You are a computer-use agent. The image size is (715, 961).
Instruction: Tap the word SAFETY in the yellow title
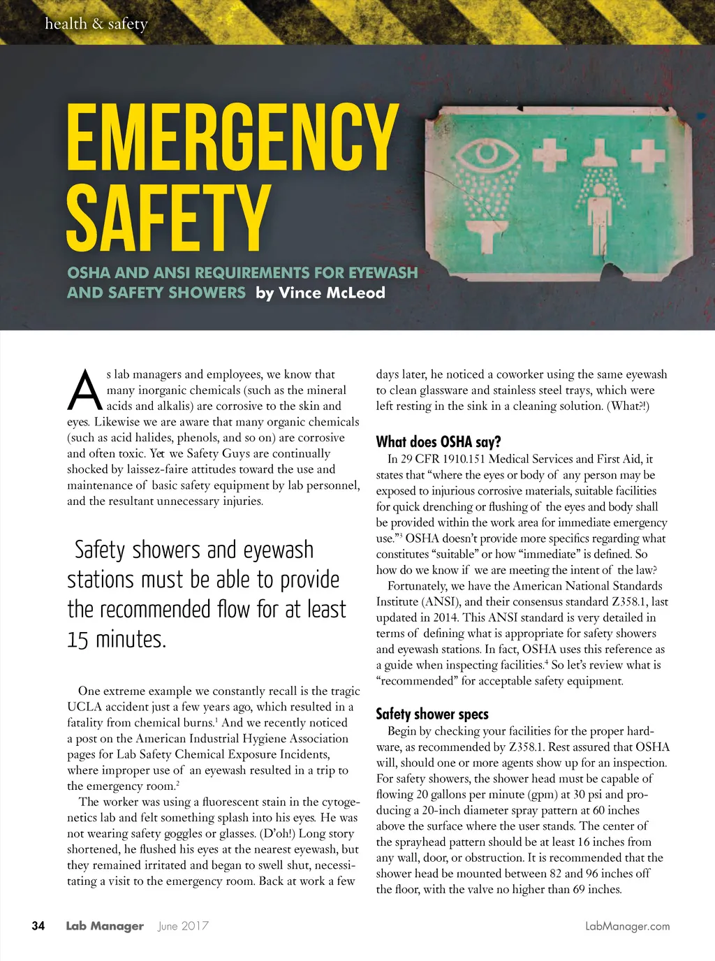(168, 218)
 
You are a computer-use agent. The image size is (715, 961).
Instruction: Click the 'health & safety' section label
(96, 24)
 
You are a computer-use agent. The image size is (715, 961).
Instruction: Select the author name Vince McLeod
(332, 293)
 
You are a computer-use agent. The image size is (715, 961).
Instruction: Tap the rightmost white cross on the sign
(647, 155)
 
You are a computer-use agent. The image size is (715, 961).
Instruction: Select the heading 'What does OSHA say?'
(438, 441)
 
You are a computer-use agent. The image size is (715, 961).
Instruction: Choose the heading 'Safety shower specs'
(432, 714)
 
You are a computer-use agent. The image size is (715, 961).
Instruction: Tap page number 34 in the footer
(38, 926)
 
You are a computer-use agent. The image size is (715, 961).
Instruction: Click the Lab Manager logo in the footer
(105, 926)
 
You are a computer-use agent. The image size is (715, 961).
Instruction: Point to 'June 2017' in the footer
(183, 926)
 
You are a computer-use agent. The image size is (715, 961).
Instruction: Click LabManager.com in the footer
(627, 926)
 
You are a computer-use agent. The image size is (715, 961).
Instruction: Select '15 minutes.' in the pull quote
(117, 639)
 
